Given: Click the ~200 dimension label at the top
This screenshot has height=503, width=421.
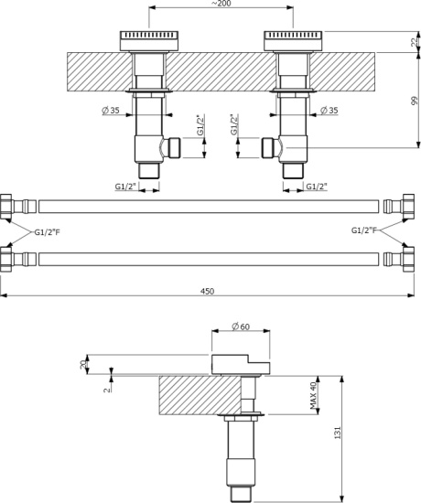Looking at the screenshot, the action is [221, 4].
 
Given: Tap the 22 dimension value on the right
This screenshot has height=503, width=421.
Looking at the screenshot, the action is [416, 42].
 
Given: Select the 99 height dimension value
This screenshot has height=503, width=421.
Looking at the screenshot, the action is [415, 101].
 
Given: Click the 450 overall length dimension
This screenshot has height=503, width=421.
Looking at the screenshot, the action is [208, 291].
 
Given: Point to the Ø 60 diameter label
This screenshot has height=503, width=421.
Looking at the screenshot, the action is [241, 326].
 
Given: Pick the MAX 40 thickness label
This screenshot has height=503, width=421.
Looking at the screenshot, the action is [313, 395].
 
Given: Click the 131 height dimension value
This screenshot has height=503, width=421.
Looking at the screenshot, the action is [338, 433].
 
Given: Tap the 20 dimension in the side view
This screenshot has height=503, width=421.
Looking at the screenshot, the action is [83, 364].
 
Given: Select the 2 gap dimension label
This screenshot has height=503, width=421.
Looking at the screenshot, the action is [108, 390].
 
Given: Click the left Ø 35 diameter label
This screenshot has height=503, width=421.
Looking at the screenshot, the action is [111, 111].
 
